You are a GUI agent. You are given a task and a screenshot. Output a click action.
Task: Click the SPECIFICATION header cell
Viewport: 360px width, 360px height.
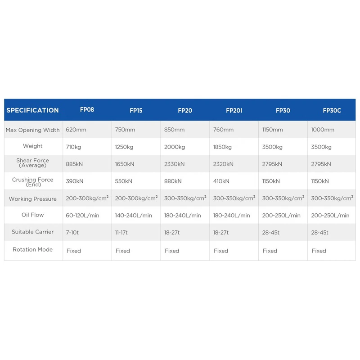coord(32,110)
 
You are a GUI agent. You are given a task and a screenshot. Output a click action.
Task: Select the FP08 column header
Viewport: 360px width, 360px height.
coord(87,109)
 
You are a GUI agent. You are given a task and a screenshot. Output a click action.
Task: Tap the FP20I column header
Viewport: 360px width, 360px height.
coord(234,110)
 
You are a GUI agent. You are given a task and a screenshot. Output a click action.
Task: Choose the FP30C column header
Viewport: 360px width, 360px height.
coord(332,110)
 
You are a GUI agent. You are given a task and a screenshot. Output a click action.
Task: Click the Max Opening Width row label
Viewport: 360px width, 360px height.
coord(32,130)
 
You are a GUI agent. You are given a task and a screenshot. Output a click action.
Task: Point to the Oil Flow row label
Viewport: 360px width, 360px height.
coord(32,215)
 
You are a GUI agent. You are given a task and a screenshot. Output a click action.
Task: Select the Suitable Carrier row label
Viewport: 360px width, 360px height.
coord(32,232)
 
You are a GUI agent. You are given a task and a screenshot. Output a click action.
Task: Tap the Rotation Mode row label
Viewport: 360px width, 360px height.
coord(32,249)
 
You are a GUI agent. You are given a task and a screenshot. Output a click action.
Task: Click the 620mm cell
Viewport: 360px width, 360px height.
coord(76,130)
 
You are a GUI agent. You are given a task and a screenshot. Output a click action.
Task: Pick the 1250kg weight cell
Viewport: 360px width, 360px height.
coord(124,147)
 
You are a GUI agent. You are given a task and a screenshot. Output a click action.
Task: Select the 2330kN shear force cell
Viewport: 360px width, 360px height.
coord(175,164)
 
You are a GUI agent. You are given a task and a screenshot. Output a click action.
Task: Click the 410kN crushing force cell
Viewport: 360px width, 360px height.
coord(221,181)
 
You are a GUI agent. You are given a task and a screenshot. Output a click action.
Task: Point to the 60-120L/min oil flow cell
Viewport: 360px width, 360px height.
coord(82,216)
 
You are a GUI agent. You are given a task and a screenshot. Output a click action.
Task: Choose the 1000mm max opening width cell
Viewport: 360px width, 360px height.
coord(323,130)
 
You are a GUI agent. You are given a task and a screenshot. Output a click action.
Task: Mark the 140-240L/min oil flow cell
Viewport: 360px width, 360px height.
coord(134,216)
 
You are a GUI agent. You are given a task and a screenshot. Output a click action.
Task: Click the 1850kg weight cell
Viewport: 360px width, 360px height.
coord(222,147)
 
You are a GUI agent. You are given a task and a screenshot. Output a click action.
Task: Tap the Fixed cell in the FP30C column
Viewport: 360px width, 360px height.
coord(319,251)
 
